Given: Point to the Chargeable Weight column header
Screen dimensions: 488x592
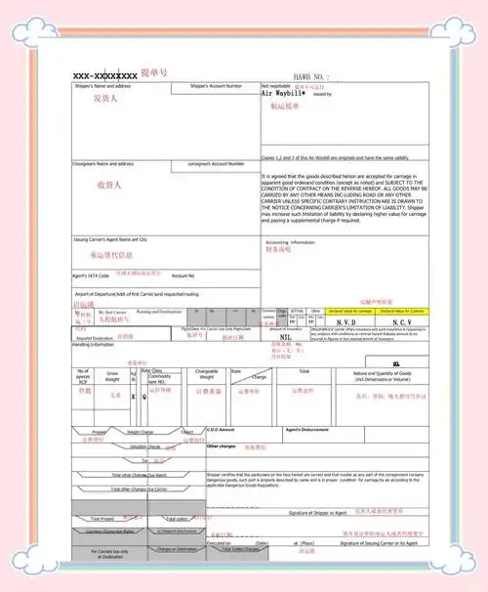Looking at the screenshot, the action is pos(206,374).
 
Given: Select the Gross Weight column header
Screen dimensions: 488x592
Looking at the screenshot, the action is pos(113,374).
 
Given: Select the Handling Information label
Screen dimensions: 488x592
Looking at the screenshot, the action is pos(95,344).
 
